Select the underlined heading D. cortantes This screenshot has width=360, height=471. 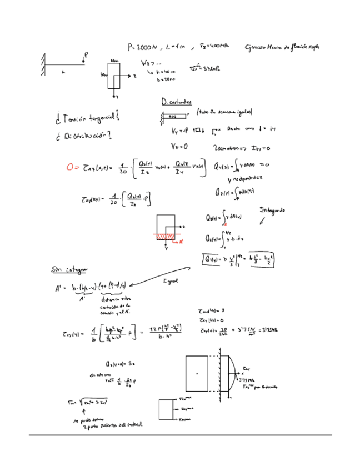(x=176, y=103)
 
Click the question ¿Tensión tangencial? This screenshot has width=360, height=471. (x=88, y=118)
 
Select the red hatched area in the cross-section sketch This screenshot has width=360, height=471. (x=164, y=236)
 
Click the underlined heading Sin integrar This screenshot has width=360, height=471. (x=69, y=270)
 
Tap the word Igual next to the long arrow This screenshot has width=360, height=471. (x=170, y=282)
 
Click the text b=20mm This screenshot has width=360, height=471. (x=166, y=80)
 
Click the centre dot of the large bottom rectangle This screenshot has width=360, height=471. (x=197, y=374)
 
